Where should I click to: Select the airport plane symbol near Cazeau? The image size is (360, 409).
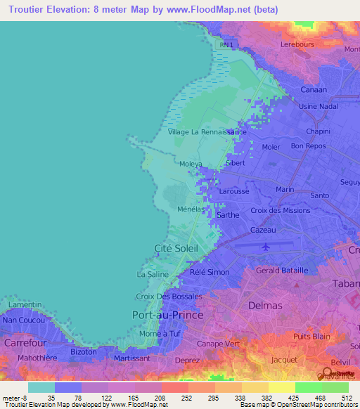click(x=265, y=247)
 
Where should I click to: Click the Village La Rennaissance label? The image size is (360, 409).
click(x=207, y=131)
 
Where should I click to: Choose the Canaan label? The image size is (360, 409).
click(x=314, y=90)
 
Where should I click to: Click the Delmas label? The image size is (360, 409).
click(x=265, y=305)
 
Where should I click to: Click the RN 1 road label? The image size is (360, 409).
click(x=225, y=45)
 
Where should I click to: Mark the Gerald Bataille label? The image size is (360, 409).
click(x=282, y=271)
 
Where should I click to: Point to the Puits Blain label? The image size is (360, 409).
click(x=312, y=336)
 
